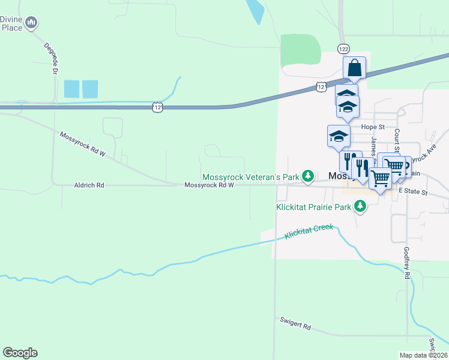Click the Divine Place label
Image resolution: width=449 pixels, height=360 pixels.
[x=11, y=23]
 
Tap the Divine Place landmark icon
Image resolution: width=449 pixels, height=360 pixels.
[x=32, y=23]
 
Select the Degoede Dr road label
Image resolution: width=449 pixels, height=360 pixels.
[x=50, y=58]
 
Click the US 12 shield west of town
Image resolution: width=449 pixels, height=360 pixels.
[x=157, y=106]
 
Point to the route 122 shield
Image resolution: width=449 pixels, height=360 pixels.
[x=343, y=48]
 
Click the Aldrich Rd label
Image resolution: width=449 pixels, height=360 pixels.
[x=89, y=185]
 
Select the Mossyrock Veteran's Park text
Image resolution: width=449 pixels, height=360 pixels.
[x=250, y=176]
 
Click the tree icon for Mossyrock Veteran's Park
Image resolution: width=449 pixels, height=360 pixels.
[x=308, y=176]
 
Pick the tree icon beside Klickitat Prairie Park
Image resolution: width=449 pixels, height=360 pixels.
[x=360, y=207]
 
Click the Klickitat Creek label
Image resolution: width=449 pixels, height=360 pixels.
[x=309, y=232]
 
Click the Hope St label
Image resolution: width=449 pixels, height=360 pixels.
[x=373, y=127]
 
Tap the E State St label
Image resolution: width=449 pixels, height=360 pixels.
[x=413, y=192]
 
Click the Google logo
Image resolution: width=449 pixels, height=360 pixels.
[x=20, y=353]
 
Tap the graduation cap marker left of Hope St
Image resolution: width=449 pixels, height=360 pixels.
[x=339, y=136]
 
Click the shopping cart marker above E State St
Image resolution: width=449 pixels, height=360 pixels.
[x=380, y=178]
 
